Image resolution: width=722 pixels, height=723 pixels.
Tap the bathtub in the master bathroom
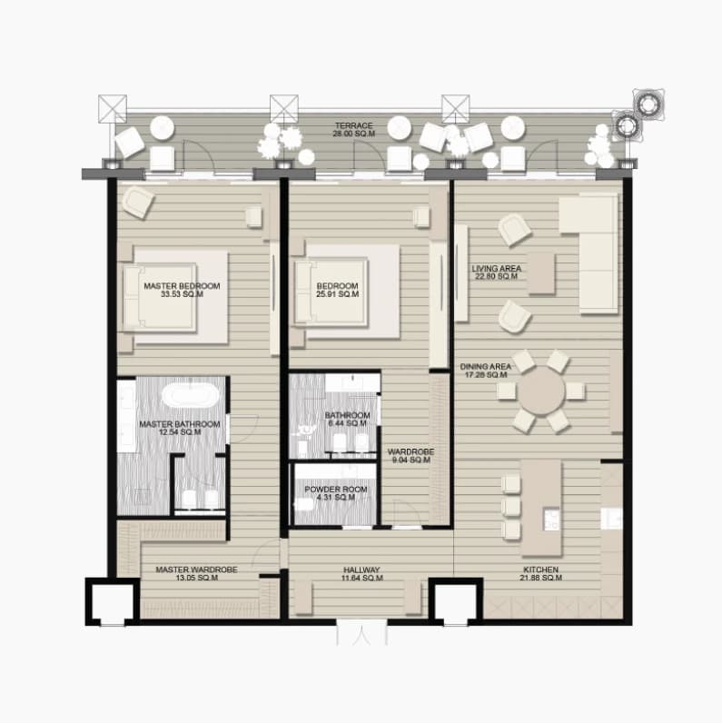click(x=191, y=396)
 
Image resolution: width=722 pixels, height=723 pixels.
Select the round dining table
click(x=541, y=391)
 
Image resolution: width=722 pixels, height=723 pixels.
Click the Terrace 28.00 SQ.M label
click(x=353, y=130)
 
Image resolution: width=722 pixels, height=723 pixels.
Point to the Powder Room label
click(x=336, y=493)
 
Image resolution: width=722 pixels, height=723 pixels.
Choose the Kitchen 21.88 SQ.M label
click(x=540, y=574)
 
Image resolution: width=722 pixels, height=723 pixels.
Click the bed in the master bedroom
click(x=160, y=297)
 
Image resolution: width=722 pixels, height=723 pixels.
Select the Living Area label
click(x=497, y=272)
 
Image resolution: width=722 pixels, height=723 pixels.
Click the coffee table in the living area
click(x=541, y=273)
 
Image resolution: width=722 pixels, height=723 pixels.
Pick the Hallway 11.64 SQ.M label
click(x=362, y=574)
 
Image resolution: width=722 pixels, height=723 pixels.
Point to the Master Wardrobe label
click(x=196, y=574)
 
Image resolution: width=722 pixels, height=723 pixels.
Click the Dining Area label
click(x=486, y=371)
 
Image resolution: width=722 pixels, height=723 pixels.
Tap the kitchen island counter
click(x=542, y=508)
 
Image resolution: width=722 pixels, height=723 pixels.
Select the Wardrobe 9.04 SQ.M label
click(x=410, y=456)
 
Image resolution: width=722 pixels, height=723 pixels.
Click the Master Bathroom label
click(x=179, y=428)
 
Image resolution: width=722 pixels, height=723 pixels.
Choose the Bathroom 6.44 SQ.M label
click(x=347, y=419)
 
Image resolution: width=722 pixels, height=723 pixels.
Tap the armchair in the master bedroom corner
click(x=137, y=202)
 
